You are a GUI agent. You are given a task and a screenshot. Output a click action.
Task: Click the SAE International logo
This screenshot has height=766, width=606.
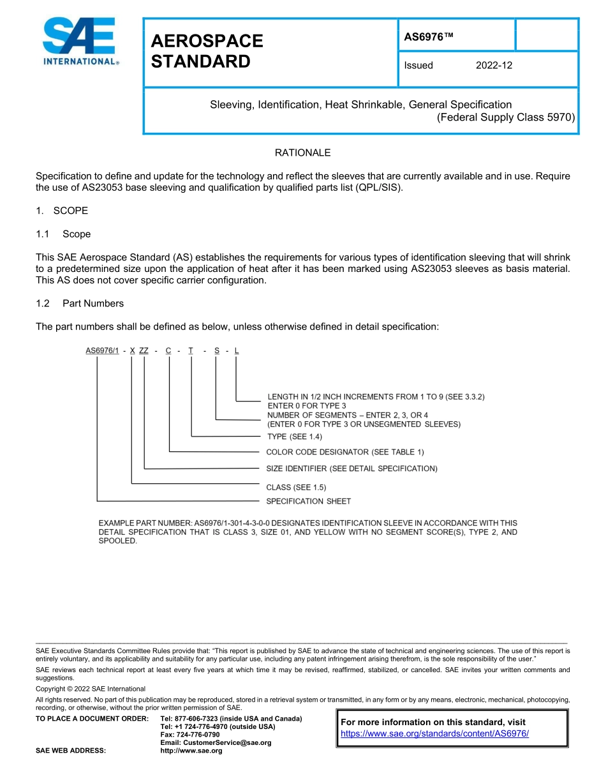coord(80,42)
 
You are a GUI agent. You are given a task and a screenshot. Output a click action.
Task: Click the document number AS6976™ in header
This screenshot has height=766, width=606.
coord(428,37)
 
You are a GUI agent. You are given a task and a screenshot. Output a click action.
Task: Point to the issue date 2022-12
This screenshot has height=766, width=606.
coord(494,65)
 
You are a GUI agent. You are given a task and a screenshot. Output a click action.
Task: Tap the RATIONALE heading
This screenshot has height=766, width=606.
coord(302,153)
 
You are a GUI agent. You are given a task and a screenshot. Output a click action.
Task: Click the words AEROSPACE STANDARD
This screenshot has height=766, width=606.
coord(206,51)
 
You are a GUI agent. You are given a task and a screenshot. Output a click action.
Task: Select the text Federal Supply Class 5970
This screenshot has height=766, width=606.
coord(506,117)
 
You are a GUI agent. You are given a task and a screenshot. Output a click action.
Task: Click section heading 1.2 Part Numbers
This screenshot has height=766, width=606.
coord(80,303)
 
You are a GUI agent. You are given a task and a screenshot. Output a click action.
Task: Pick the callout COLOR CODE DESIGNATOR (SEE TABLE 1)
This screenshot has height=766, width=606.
coord(344,452)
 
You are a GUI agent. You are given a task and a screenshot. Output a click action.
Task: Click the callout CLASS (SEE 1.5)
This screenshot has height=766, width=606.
coord(295,487)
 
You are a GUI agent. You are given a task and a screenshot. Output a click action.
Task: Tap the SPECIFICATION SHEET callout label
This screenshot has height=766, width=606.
coord(308,501)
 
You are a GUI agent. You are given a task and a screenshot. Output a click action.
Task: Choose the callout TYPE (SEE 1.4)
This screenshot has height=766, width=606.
coord(294,437)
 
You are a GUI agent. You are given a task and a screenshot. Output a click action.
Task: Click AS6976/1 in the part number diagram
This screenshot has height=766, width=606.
coord(103,350)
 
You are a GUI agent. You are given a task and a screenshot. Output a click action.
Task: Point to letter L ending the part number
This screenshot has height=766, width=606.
coord(237,350)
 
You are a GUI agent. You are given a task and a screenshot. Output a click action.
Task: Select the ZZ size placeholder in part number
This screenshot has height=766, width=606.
coord(144,350)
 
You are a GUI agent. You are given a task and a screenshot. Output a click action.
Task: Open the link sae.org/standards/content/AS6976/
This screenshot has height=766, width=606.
coord(434,733)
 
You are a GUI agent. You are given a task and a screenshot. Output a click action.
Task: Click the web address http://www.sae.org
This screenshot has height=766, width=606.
coord(191,751)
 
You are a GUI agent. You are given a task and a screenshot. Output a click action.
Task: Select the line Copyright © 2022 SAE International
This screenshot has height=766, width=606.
coord(91,689)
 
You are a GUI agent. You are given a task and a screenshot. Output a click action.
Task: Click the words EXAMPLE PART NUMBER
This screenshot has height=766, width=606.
coord(145,523)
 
